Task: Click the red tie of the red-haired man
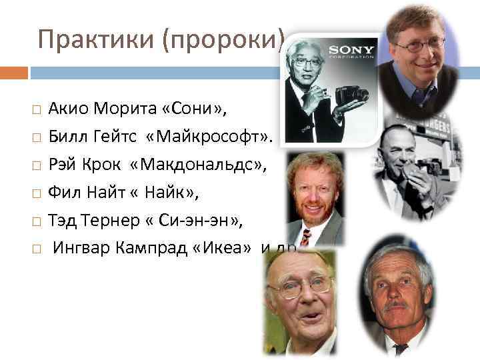pos(305,237)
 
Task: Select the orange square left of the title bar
pos(13,72)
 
